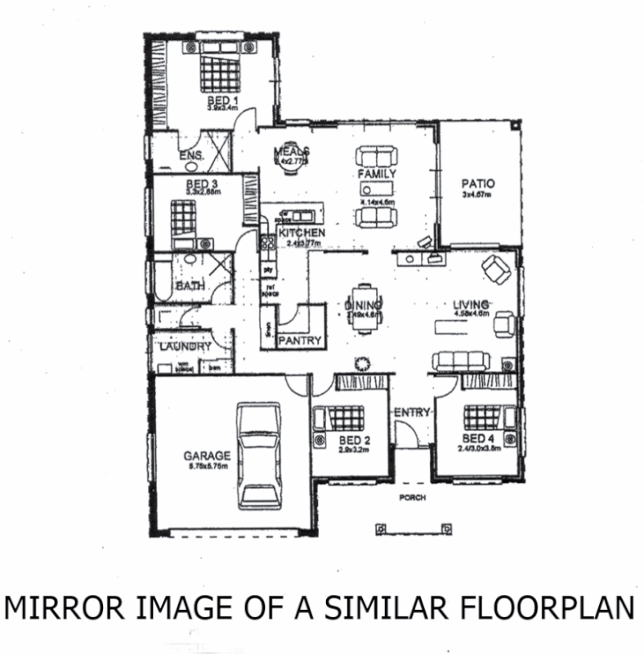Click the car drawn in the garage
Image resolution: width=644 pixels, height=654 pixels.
pos(258,455)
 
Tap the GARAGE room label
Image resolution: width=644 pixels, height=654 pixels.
pos(207,455)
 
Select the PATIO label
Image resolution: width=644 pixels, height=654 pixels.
pos(478,184)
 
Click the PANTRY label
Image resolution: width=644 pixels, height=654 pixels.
pos(300,340)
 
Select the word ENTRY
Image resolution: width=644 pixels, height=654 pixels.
pos(412,413)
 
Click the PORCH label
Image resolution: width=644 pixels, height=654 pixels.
pos(413,497)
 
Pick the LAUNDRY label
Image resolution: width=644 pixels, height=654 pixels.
pos(185,347)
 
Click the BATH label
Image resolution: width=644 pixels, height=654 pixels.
pos(190,286)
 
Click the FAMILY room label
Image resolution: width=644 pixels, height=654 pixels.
pos(377,174)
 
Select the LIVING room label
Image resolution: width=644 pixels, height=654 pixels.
pos(472,304)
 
